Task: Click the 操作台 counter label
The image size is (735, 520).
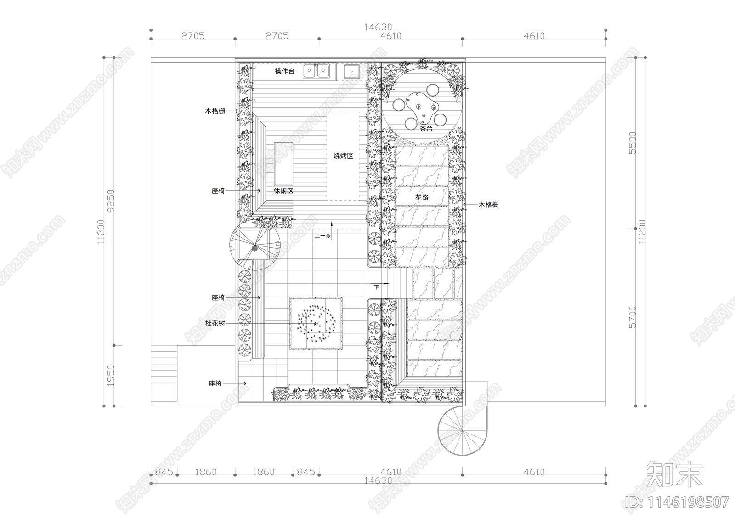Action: coord(284,72)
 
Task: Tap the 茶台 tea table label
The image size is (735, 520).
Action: coord(426,129)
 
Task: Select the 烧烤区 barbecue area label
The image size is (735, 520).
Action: coord(343,156)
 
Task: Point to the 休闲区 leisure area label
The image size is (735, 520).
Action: coord(283,191)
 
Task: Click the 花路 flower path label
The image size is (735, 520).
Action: coord(422,197)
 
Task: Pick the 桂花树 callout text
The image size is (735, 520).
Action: coord(215,323)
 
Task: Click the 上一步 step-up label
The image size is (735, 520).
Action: coord(322,236)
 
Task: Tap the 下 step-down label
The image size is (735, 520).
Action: coord(376,287)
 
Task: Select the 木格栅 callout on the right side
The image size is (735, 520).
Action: coord(488,205)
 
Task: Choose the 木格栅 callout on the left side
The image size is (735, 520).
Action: coord(215,111)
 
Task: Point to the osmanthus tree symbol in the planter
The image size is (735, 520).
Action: coord(316,324)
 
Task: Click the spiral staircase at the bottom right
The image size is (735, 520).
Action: coord(462,430)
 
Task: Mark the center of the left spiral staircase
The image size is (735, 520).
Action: coord(254,247)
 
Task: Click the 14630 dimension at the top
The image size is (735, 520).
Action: coord(378,27)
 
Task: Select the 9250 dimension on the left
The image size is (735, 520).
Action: coord(111,201)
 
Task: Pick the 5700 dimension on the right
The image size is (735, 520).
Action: coord(633,317)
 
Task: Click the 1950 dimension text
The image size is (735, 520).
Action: coord(111,376)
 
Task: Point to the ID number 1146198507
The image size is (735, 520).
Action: coord(678,502)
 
